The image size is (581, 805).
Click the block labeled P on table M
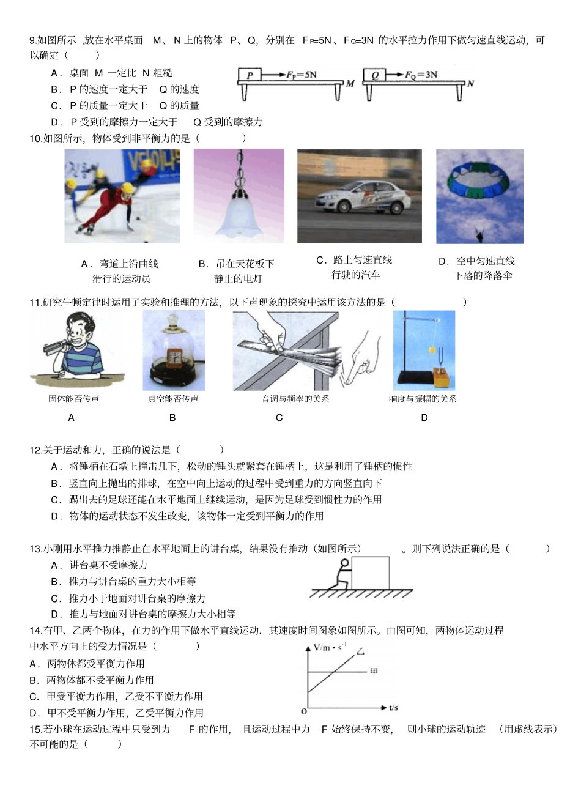pyautogui.click(x=250, y=75)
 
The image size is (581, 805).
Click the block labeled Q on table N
pyautogui.click(x=374, y=75)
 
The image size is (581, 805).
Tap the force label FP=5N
pyautogui.click(x=302, y=75)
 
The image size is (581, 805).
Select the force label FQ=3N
pyautogui.click(x=421, y=75)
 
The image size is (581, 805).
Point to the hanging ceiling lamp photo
pyautogui.click(x=239, y=196)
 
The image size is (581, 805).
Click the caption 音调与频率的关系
pyautogui.click(x=295, y=399)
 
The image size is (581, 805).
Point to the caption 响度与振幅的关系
pyautogui.click(x=423, y=399)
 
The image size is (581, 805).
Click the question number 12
pyautogui.click(x=35, y=450)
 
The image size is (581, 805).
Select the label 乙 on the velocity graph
pyautogui.click(x=360, y=652)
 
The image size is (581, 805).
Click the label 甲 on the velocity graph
pyautogui.click(x=374, y=672)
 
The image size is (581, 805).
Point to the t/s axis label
pyautogui.click(x=393, y=708)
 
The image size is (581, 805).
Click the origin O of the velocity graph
pyautogui.click(x=304, y=711)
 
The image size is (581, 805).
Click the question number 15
pyautogui.click(x=35, y=729)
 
